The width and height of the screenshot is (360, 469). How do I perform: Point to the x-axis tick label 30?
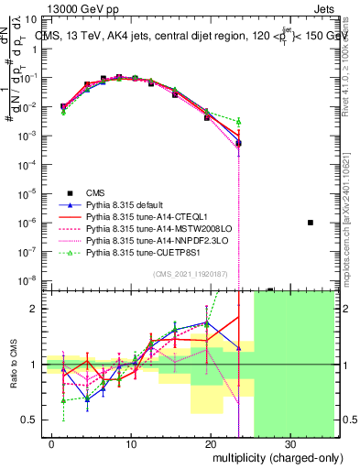pyautogui.click(x=289, y=445)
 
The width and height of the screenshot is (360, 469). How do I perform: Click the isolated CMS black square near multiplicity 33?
pyautogui.click(x=311, y=223)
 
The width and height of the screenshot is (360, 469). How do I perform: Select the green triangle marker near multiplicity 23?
pyautogui.click(x=238, y=121)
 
